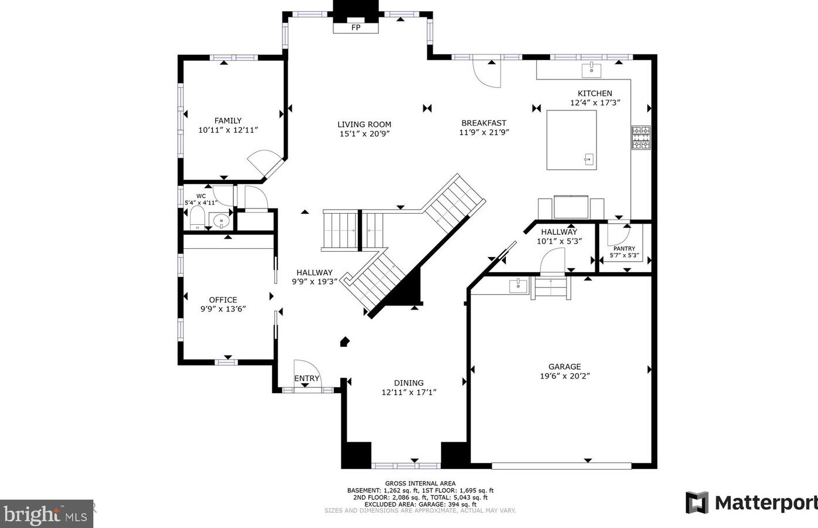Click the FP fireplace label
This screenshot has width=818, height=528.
click(355, 27)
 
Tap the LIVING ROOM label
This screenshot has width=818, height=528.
click(364, 124)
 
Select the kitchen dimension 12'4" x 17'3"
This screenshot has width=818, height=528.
click(595, 103)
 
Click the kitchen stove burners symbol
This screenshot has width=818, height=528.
click(641, 138)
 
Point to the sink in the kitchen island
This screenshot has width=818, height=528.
click(589, 159)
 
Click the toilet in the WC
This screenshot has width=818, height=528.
click(197, 218)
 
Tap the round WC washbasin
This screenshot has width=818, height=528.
click(221, 221)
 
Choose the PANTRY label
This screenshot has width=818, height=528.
click(624, 248)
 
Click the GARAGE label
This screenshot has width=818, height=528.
click(565, 366)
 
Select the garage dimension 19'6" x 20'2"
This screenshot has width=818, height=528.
click(565, 376)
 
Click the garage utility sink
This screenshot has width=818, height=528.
click(519, 286)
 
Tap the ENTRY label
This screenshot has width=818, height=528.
click(307, 378)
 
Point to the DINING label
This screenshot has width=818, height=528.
click(409, 383)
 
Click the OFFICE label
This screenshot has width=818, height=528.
click(223, 300)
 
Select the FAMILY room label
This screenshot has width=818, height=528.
click(228, 120)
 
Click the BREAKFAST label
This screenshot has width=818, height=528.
click(484, 123)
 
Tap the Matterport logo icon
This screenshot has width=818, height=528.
click(697, 502)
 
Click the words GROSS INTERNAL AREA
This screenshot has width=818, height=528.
click(420, 484)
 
